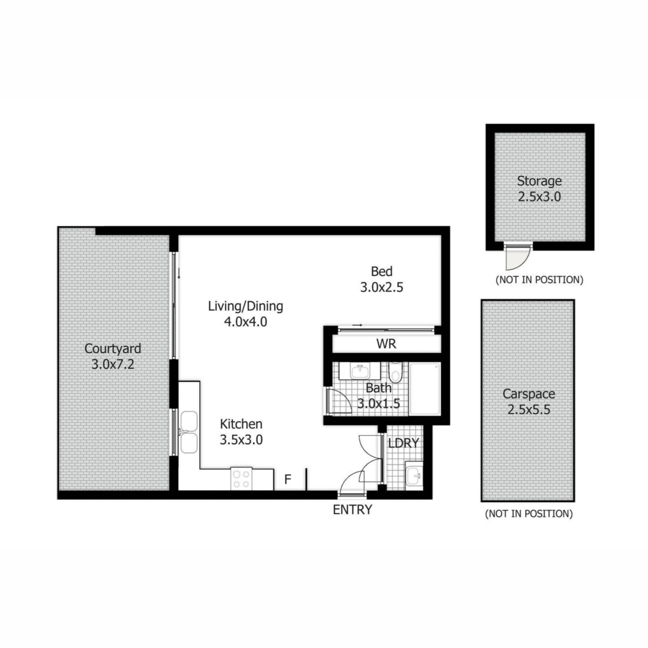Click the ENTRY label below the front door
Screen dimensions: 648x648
click(x=352, y=509)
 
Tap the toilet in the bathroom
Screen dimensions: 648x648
click(x=395, y=372)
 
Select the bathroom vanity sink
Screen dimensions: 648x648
click(x=360, y=371)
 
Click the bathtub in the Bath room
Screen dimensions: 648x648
click(x=425, y=388)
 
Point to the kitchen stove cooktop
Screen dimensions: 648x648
click(x=241, y=479)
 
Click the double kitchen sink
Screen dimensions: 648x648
click(x=189, y=432)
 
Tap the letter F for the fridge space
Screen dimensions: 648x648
click(x=287, y=479)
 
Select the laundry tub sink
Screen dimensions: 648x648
click(x=414, y=476)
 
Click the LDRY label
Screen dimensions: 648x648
click(x=403, y=443)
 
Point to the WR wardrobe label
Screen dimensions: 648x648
click(x=387, y=343)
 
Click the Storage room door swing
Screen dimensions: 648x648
click(x=518, y=257)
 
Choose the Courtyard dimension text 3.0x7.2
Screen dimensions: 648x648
click(x=113, y=364)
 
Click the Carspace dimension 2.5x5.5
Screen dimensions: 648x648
click(x=529, y=409)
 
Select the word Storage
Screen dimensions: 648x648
click(x=539, y=181)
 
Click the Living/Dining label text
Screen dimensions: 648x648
click(x=246, y=307)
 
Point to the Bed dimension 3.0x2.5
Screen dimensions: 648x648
click(x=382, y=287)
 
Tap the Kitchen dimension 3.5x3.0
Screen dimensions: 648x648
click(x=241, y=440)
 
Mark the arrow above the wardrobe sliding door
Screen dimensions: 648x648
click(x=357, y=325)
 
